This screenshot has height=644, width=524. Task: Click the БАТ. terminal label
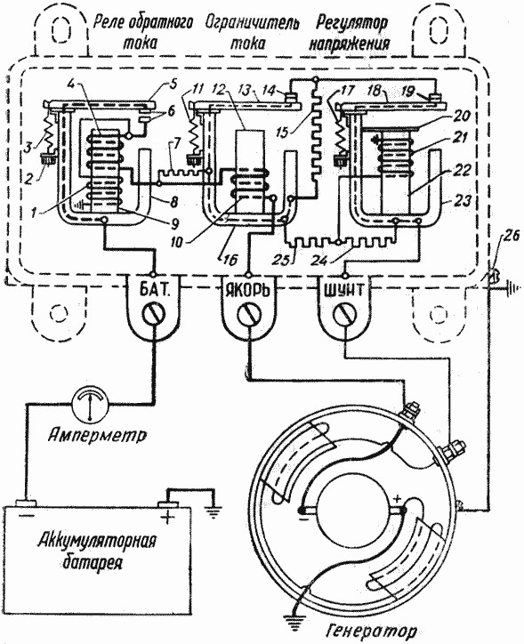pyautogui.click(x=154, y=291)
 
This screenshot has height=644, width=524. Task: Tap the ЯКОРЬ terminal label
pyautogui.click(x=248, y=291)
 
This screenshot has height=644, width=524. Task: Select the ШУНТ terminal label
pyautogui.click(x=344, y=291)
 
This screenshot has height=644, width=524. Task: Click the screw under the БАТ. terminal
pyautogui.click(x=154, y=315)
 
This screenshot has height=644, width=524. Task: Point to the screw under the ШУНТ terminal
pyautogui.click(x=344, y=315)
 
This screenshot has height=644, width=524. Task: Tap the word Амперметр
pyautogui.click(x=97, y=435)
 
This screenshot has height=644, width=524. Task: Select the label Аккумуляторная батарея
pyautogui.click(x=97, y=551)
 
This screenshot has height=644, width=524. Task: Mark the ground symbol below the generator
pyautogui.click(x=294, y=613)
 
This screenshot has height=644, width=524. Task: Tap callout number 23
pyautogui.click(x=464, y=200)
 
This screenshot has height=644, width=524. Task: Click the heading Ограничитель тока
pyautogui.click(x=251, y=32)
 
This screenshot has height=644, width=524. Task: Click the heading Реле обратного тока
pyautogui.click(x=142, y=32)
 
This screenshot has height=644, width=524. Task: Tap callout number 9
pyautogui.click(x=174, y=223)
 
